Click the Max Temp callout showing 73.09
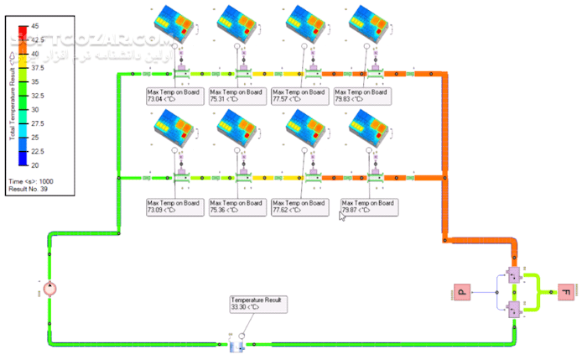pos(174,206)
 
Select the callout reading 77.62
pos(298,206)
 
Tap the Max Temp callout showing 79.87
pos(368,206)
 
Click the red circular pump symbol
pos(49,290)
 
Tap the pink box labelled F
pos(567,292)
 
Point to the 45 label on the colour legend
pos(35,26)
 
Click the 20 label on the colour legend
pos(35,165)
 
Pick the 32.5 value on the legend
pos(35,96)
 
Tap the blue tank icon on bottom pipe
pos(236,344)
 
